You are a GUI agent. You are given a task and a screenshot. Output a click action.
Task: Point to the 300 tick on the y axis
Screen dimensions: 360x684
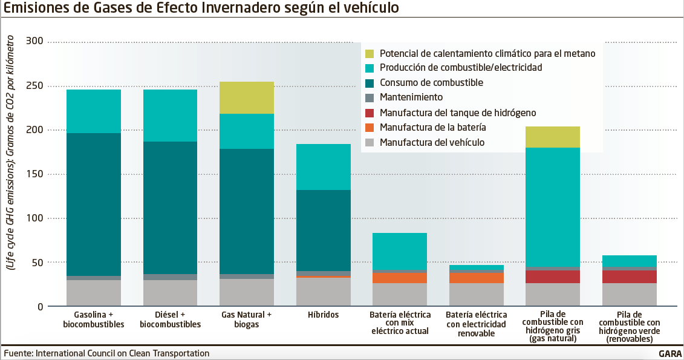coord(36,41)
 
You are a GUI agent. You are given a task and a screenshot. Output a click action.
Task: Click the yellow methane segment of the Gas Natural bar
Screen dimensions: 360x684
coord(247,97)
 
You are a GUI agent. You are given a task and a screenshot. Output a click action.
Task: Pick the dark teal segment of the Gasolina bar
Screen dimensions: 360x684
coord(94,205)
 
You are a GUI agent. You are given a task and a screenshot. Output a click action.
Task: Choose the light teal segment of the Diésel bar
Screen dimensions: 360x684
coord(170,116)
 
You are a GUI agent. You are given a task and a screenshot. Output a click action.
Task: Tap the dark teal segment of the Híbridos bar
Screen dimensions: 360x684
coord(324,231)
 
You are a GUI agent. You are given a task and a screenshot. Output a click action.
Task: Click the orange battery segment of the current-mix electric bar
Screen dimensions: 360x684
coord(400,278)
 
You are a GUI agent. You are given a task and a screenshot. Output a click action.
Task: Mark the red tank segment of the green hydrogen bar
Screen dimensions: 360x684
coord(630,277)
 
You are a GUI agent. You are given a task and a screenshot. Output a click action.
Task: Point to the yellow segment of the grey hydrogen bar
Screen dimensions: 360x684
coord(553,137)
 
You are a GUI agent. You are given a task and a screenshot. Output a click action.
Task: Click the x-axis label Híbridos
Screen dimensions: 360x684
coord(324,315)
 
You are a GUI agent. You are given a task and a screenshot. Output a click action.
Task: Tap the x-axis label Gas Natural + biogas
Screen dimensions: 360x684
coord(247,319)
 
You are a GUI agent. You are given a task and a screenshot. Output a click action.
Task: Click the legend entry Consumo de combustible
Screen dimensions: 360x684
coord(431,82)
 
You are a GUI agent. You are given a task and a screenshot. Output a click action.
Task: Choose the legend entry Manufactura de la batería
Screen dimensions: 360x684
coord(432,127)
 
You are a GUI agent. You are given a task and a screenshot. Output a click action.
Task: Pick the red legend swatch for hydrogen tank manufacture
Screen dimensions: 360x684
coord(370,113)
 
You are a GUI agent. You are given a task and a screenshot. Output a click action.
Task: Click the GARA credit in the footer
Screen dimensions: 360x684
coord(670,354)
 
